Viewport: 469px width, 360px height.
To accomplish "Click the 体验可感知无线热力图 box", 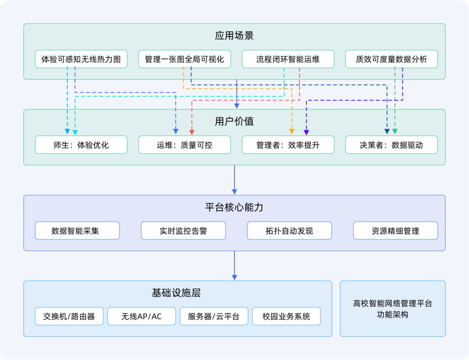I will point(81,59).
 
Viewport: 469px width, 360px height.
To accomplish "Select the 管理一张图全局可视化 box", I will point(185,59).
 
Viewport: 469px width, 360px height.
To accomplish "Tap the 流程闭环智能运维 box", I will point(288,59).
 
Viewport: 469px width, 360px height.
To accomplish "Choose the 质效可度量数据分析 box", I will point(391,59).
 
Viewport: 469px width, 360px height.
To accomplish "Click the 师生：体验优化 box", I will point(81,145).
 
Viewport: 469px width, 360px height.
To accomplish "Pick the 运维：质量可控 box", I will point(185,145).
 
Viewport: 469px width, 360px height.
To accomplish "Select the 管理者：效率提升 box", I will point(288,145).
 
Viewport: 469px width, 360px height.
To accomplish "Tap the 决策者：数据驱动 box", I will point(391,145).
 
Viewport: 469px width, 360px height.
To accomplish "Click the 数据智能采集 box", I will point(77,231).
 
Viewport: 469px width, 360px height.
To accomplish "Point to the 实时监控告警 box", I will point(183,231).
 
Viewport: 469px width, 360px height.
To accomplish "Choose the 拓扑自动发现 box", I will point(289,231).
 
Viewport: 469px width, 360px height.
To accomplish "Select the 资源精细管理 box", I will point(395,231).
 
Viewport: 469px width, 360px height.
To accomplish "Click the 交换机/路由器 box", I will point(69,317).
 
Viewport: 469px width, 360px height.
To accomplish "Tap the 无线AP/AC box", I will point(142,317).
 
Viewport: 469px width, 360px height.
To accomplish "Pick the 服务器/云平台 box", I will point(214,317).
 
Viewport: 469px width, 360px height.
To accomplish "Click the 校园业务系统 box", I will point(286,317).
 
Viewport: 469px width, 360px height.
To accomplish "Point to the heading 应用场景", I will point(234,36).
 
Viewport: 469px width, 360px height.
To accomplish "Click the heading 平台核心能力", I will point(234,208).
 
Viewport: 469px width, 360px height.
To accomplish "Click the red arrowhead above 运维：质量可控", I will point(192,132).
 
